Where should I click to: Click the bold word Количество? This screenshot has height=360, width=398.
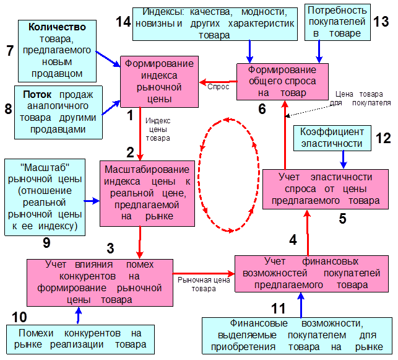click(52, 28)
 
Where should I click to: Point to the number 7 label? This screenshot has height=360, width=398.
click(10, 51)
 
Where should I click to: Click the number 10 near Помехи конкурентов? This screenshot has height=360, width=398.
click(19, 317)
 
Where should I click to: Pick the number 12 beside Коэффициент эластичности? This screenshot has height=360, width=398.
click(384, 138)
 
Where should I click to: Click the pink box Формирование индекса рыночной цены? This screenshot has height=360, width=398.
click(158, 81)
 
